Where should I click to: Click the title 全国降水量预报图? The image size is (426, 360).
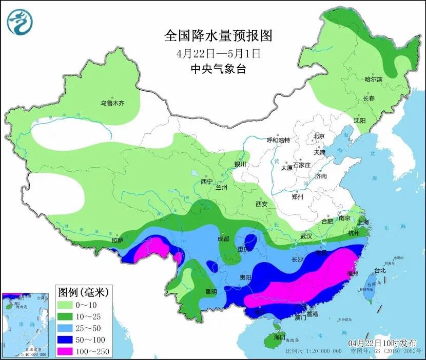coord(218,35)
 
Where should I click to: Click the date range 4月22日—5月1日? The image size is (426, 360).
coord(218,53)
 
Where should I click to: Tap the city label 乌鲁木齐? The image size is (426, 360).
coord(112,103)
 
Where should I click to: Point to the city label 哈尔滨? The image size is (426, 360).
coord(373,79)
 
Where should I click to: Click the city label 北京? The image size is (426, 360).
coord(319,136)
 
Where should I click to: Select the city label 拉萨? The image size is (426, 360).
coord(118,240)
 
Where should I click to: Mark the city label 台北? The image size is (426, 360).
coord(379,270)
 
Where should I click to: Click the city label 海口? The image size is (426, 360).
coord(279,337)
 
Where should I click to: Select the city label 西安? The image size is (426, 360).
coord(261,204)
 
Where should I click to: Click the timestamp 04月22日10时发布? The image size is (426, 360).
coord(382,343)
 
